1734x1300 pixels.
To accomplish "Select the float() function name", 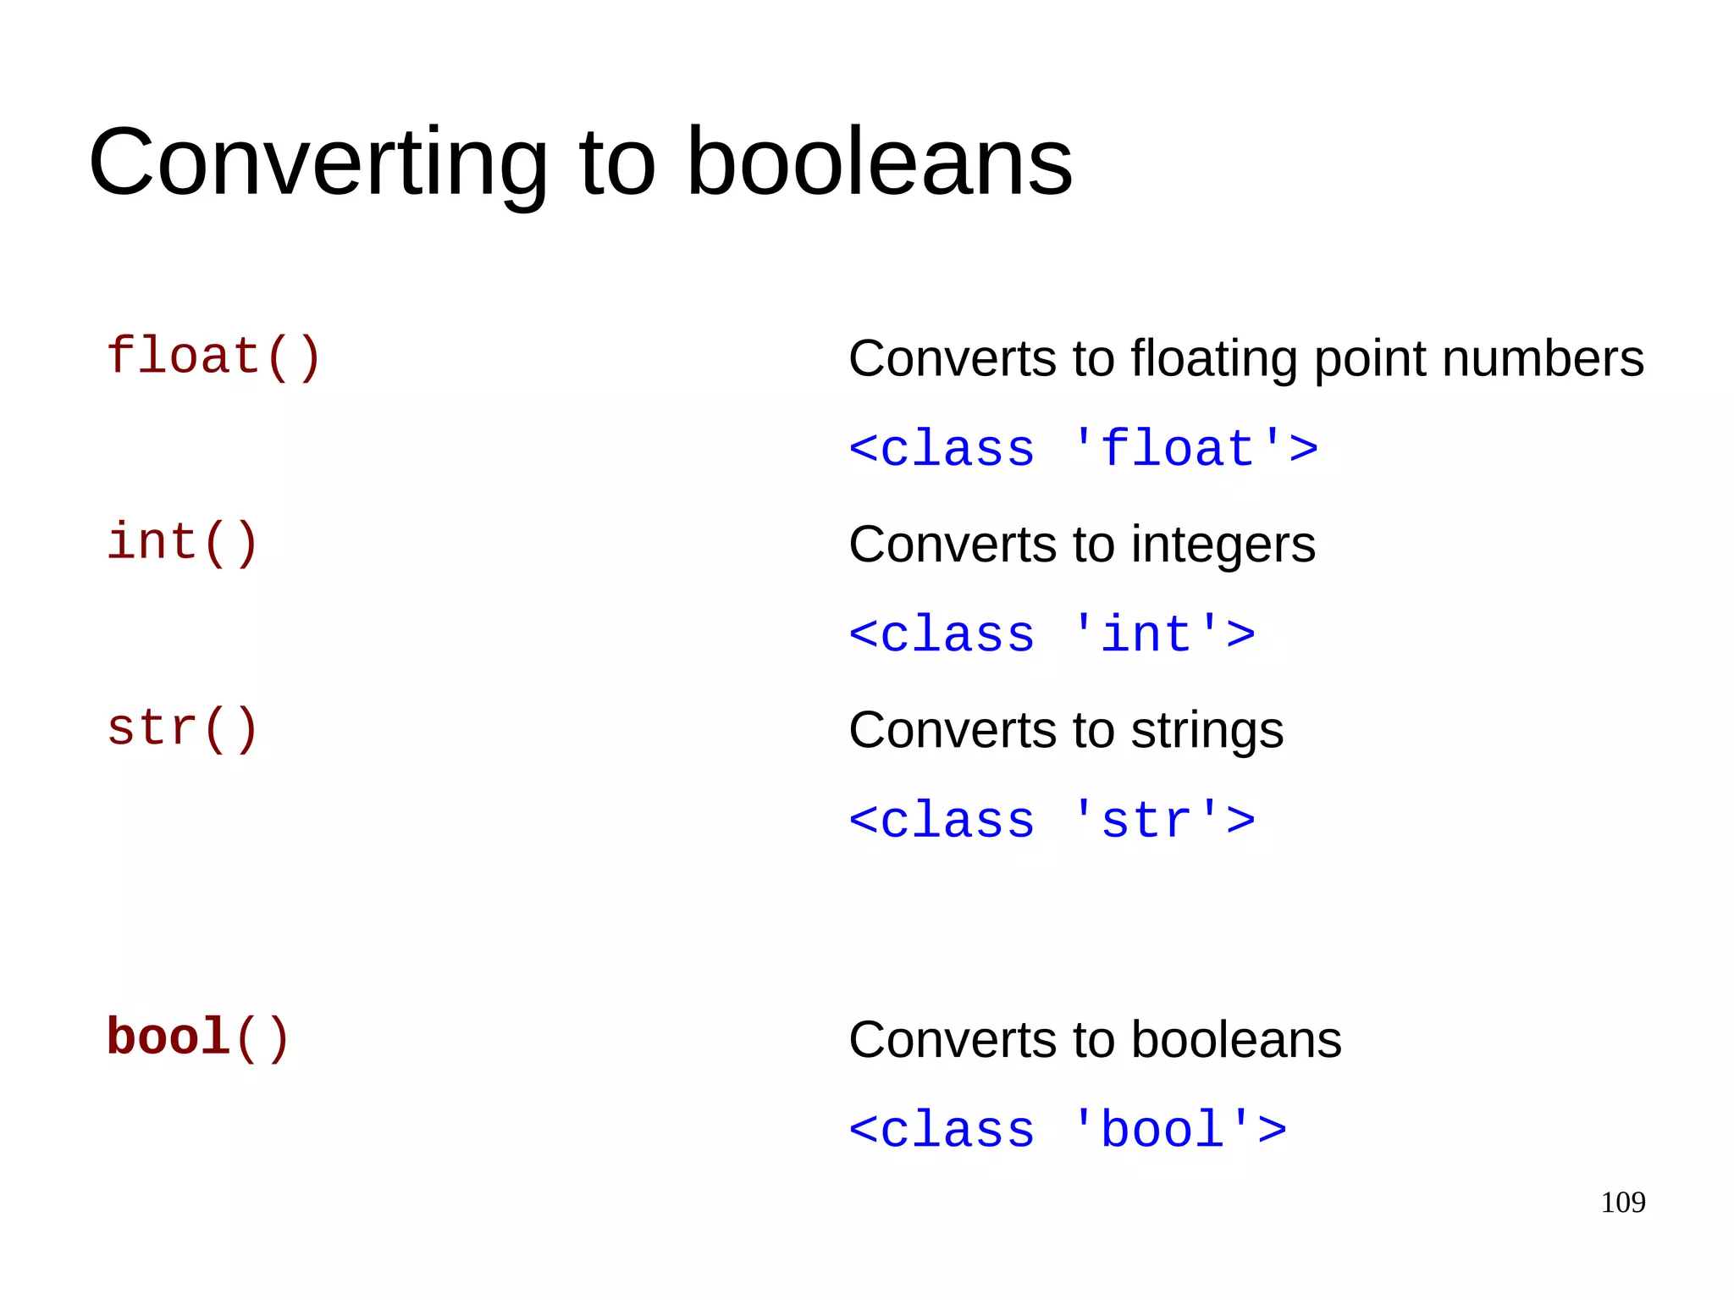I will point(213,357).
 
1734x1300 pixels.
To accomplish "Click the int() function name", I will point(182,543).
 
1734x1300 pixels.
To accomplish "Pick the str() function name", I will point(182,729).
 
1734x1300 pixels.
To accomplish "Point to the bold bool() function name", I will point(198,1038).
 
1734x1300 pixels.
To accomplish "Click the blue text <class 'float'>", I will point(1083,449).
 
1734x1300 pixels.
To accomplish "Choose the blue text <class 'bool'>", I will point(1068,1131).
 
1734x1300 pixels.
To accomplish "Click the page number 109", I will point(1622,1203).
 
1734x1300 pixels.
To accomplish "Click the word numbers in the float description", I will point(1543,358).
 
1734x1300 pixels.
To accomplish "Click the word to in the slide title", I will point(617,163).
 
